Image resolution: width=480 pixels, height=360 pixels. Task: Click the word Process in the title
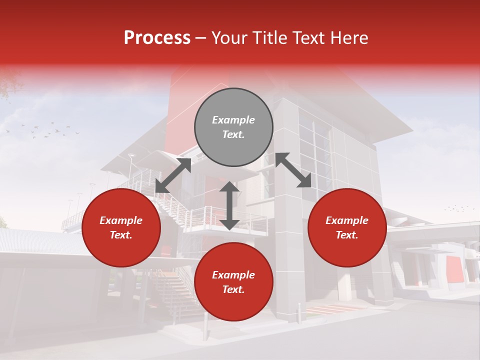tap(157, 38)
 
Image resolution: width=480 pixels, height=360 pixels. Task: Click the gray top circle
tap(233, 127)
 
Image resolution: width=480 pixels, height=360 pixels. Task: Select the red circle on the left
tap(121, 227)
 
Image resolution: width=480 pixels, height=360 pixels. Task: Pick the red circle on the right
tap(347, 227)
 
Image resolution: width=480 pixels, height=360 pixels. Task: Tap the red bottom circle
tap(233, 282)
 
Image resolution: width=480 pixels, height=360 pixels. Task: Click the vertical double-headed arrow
tap(229, 205)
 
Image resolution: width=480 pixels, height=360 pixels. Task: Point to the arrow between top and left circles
tap(173, 175)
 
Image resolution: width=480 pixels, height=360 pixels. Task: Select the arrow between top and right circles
tap(293, 170)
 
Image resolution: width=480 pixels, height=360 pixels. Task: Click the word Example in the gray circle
tap(233, 120)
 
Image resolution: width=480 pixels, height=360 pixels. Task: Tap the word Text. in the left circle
tap(121, 235)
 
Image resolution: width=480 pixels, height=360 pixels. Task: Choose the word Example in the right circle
tap(347, 220)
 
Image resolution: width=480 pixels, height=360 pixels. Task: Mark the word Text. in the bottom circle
tap(233, 289)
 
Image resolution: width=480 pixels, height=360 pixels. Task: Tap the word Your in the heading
tap(228, 38)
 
